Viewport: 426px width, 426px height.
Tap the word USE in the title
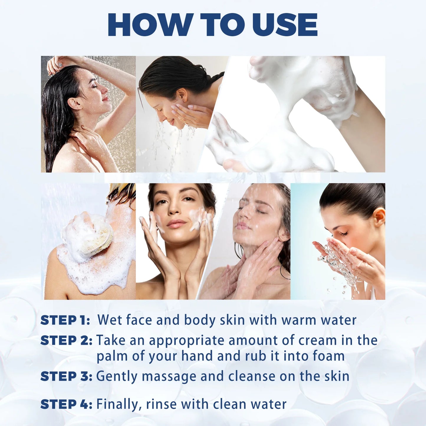tap(285, 25)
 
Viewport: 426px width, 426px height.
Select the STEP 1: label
tap(65, 320)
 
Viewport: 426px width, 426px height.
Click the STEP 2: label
tap(66, 341)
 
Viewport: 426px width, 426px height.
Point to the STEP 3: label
tap(66, 376)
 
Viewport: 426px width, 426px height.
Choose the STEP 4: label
tap(66, 404)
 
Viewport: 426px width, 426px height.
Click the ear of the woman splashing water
tap(379, 217)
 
